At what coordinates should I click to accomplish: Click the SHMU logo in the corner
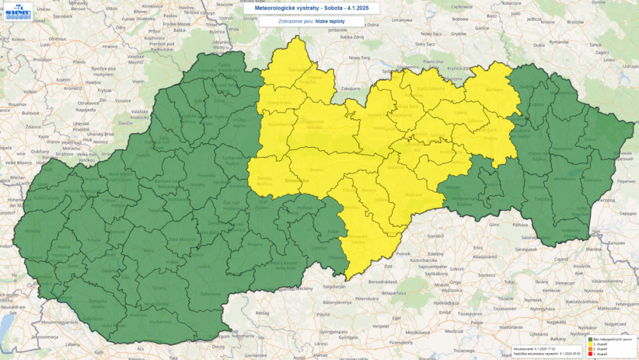coord(15,12)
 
